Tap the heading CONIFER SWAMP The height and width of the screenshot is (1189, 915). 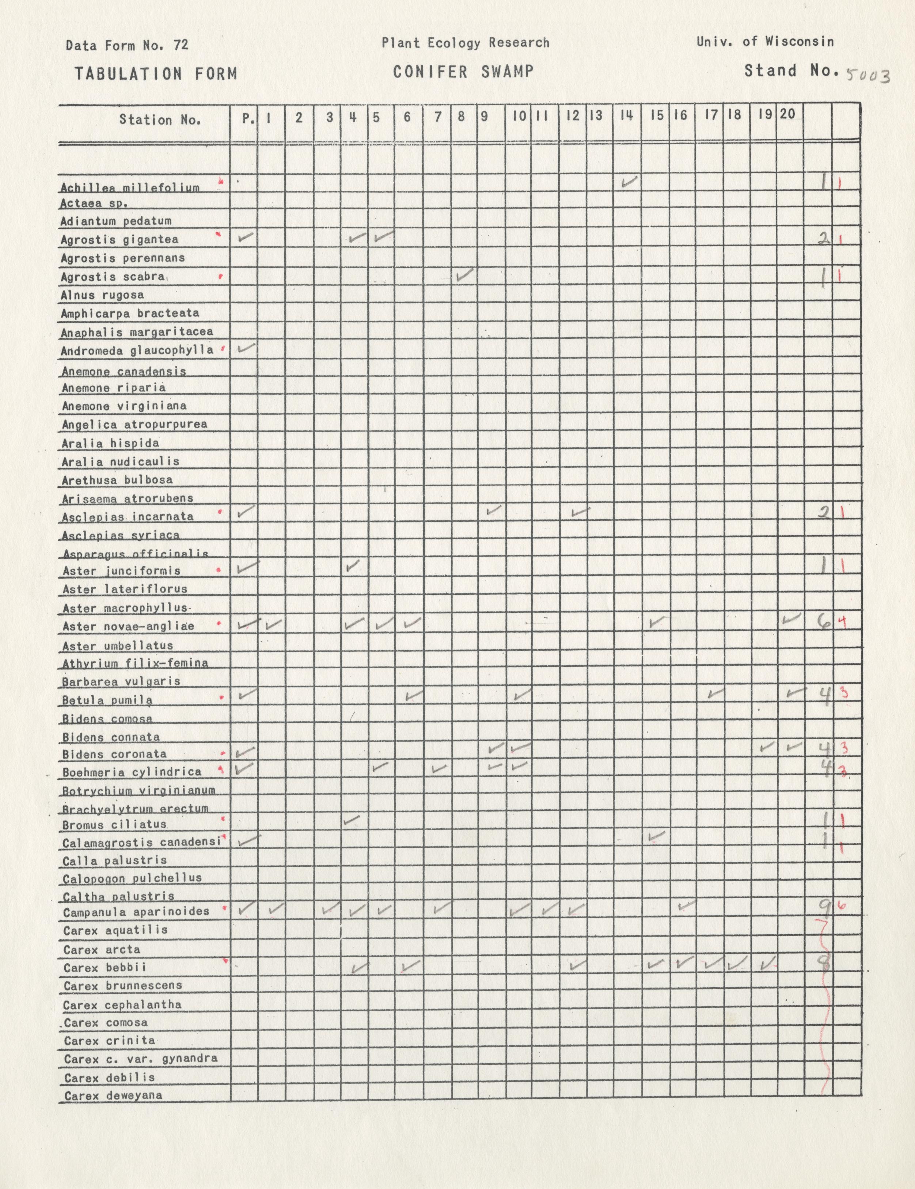pyautogui.click(x=463, y=71)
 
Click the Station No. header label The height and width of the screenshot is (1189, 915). pyautogui.click(x=160, y=120)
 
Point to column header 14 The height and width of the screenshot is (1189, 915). pyautogui.click(x=627, y=115)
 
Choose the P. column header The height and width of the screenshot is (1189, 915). pyautogui.click(x=248, y=118)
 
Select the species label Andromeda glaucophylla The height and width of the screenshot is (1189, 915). pyautogui.click(x=137, y=350)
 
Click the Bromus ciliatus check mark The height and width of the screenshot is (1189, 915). pyautogui.click(x=352, y=819)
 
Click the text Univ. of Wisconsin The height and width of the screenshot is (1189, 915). pyautogui.click(x=765, y=41)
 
